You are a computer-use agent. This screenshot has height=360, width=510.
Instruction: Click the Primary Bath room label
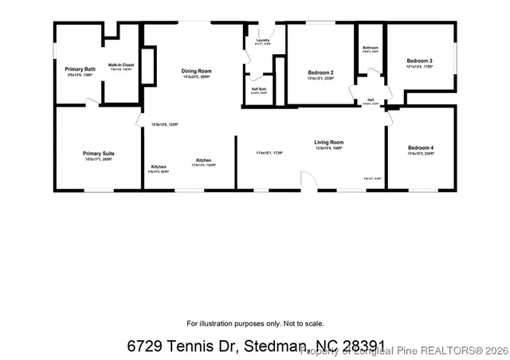80,70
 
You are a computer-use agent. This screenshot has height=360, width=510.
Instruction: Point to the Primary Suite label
99,153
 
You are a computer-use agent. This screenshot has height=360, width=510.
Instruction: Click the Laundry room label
263,40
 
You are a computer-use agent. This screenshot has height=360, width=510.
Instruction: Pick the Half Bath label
259,88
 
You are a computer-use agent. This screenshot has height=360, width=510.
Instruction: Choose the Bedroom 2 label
320,73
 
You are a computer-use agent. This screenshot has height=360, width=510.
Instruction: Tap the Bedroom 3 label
419,61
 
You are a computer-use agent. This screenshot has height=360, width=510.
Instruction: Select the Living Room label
328,142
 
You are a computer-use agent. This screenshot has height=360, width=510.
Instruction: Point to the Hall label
371,100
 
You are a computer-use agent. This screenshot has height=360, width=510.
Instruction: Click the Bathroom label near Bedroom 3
370,48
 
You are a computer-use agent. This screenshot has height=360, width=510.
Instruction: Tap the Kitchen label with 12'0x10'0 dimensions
203,160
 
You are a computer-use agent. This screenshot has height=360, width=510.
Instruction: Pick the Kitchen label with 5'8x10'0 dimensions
158,167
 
